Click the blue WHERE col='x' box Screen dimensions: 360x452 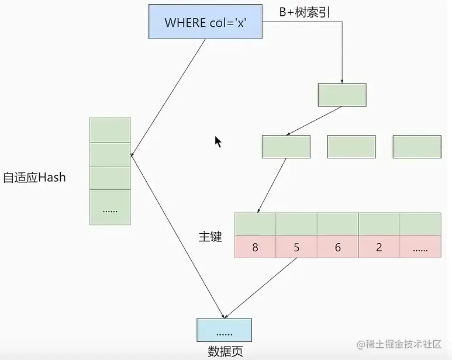(205, 23)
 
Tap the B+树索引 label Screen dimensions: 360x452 (305, 11)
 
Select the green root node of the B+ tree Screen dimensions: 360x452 (342, 95)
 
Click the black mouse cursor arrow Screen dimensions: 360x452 (218, 141)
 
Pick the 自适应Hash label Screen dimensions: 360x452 (34, 177)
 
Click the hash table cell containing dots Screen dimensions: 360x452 (110, 207)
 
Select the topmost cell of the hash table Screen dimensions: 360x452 (110, 129)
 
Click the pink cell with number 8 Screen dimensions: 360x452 (255, 247)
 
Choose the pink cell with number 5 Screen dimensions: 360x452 (296, 247)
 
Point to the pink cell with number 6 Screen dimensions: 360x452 (338, 247)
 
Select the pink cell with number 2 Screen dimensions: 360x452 (379, 247)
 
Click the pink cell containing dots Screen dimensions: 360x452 (420, 247)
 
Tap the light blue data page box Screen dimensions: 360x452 (225, 330)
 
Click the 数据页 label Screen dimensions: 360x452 (225, 351)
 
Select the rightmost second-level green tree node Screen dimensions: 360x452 (417, 147)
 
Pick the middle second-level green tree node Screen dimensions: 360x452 (351, 147)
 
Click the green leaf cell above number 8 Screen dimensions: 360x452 (255, 224)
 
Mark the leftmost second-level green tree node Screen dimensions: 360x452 (286, 147)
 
